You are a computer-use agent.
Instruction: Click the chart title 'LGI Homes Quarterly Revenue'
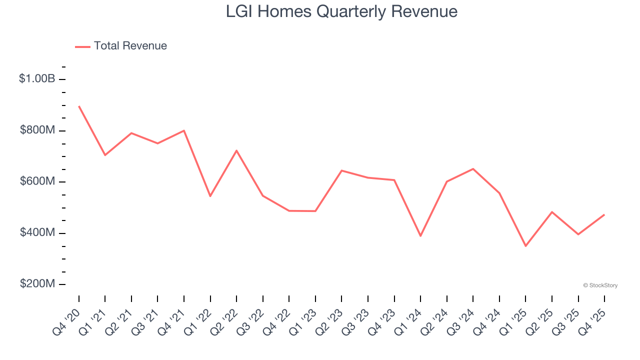(x=341, y=11)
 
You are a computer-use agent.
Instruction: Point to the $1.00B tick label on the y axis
(x=36, y=79)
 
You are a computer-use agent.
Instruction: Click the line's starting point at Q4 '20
(x=79, y=106)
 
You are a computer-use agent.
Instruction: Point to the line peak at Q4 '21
(x=184, y=130)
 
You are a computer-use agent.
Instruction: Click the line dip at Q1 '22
(x=210, y=196)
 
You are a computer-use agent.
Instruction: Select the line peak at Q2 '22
(x=236, y=150)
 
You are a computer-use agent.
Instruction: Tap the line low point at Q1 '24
(x=420, y=236)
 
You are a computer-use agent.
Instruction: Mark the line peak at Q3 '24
(x=473, y=168)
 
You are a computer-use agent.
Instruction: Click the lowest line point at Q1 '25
(x=525, y=246)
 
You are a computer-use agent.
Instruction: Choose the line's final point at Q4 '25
(x=604, y=214)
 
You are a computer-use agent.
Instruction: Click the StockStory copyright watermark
(x=600, y=285)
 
